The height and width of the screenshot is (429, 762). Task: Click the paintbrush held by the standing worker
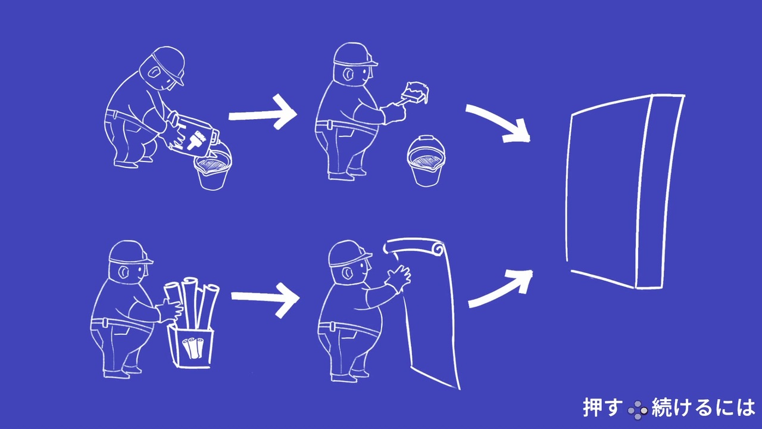pyautogui.click(x=413, y=93)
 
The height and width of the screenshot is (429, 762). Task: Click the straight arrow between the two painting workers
pyautogui.click(x=263, y=112)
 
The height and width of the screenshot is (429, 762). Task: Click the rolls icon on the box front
pyautogui.click(x=193, y=347)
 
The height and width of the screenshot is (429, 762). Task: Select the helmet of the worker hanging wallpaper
pyautogui.click(x=349, y=254)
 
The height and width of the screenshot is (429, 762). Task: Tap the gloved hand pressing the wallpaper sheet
pyautogui.click(x=399, y=278)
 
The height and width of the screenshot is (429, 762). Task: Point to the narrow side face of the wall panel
pyautogui.click(x=660, y=192)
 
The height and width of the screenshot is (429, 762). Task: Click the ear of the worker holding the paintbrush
pyautogui.click(x=347, y=75)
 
